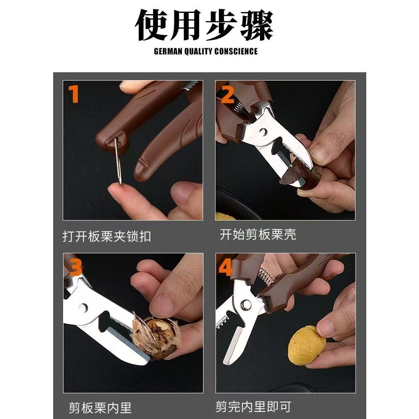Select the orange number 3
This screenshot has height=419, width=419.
(x=76, y=268)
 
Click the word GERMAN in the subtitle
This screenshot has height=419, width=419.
(x=168, y=51)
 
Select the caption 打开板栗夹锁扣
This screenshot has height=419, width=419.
(x=107, y=236)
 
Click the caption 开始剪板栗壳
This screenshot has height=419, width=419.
(x=258, y=234)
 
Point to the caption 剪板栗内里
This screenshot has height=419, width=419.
(x=100, y=408)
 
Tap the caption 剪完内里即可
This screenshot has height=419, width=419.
(x=253, y=407)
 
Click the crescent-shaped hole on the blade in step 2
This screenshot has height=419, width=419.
(x=263, y=132)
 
